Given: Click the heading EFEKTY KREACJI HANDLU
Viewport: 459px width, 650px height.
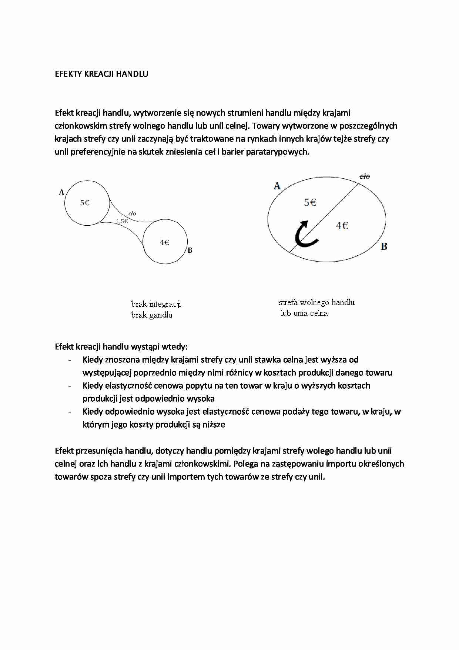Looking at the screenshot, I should pos(101,74).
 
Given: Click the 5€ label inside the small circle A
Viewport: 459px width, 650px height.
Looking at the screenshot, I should pos(85,203).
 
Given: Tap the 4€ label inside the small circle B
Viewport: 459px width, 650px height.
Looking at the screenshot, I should pos(164,242).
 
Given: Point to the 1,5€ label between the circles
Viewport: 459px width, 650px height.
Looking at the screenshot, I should pos(122,221).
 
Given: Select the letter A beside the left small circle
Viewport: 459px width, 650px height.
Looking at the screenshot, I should pos(61,192).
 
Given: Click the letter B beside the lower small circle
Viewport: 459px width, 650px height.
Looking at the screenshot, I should pos(190,250).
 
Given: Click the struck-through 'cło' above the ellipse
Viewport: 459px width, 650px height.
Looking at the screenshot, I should pos(365,176).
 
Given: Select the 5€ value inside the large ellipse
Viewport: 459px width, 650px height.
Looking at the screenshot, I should pos(310,202).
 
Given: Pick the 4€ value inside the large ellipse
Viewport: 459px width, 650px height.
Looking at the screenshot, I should pos(342,225).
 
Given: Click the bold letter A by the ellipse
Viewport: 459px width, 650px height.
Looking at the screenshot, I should pos(277,186).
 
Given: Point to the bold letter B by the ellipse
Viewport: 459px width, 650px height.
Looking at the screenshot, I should pos(384,246).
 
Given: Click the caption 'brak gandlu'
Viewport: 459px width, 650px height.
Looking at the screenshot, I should pos(152,315).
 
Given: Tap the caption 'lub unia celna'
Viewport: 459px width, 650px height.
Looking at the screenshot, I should pos(304,314).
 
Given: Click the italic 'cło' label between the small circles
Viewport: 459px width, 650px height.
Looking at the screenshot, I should pos(132,213).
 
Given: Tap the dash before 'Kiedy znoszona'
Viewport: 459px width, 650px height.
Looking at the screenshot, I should pos(70,360).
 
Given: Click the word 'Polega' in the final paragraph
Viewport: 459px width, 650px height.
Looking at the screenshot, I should pos(245,464).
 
